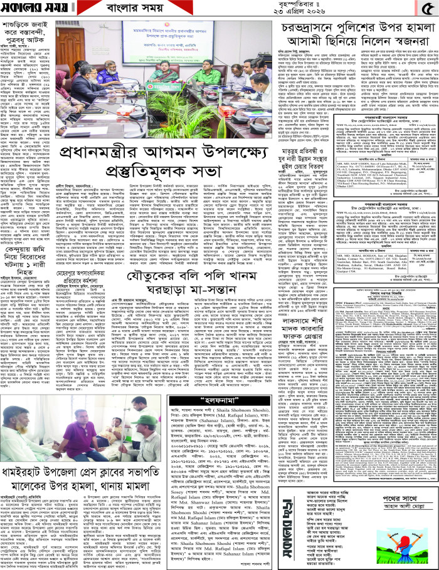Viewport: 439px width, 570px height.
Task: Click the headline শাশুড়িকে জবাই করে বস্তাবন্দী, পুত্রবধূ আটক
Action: click(x=26, y=44)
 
